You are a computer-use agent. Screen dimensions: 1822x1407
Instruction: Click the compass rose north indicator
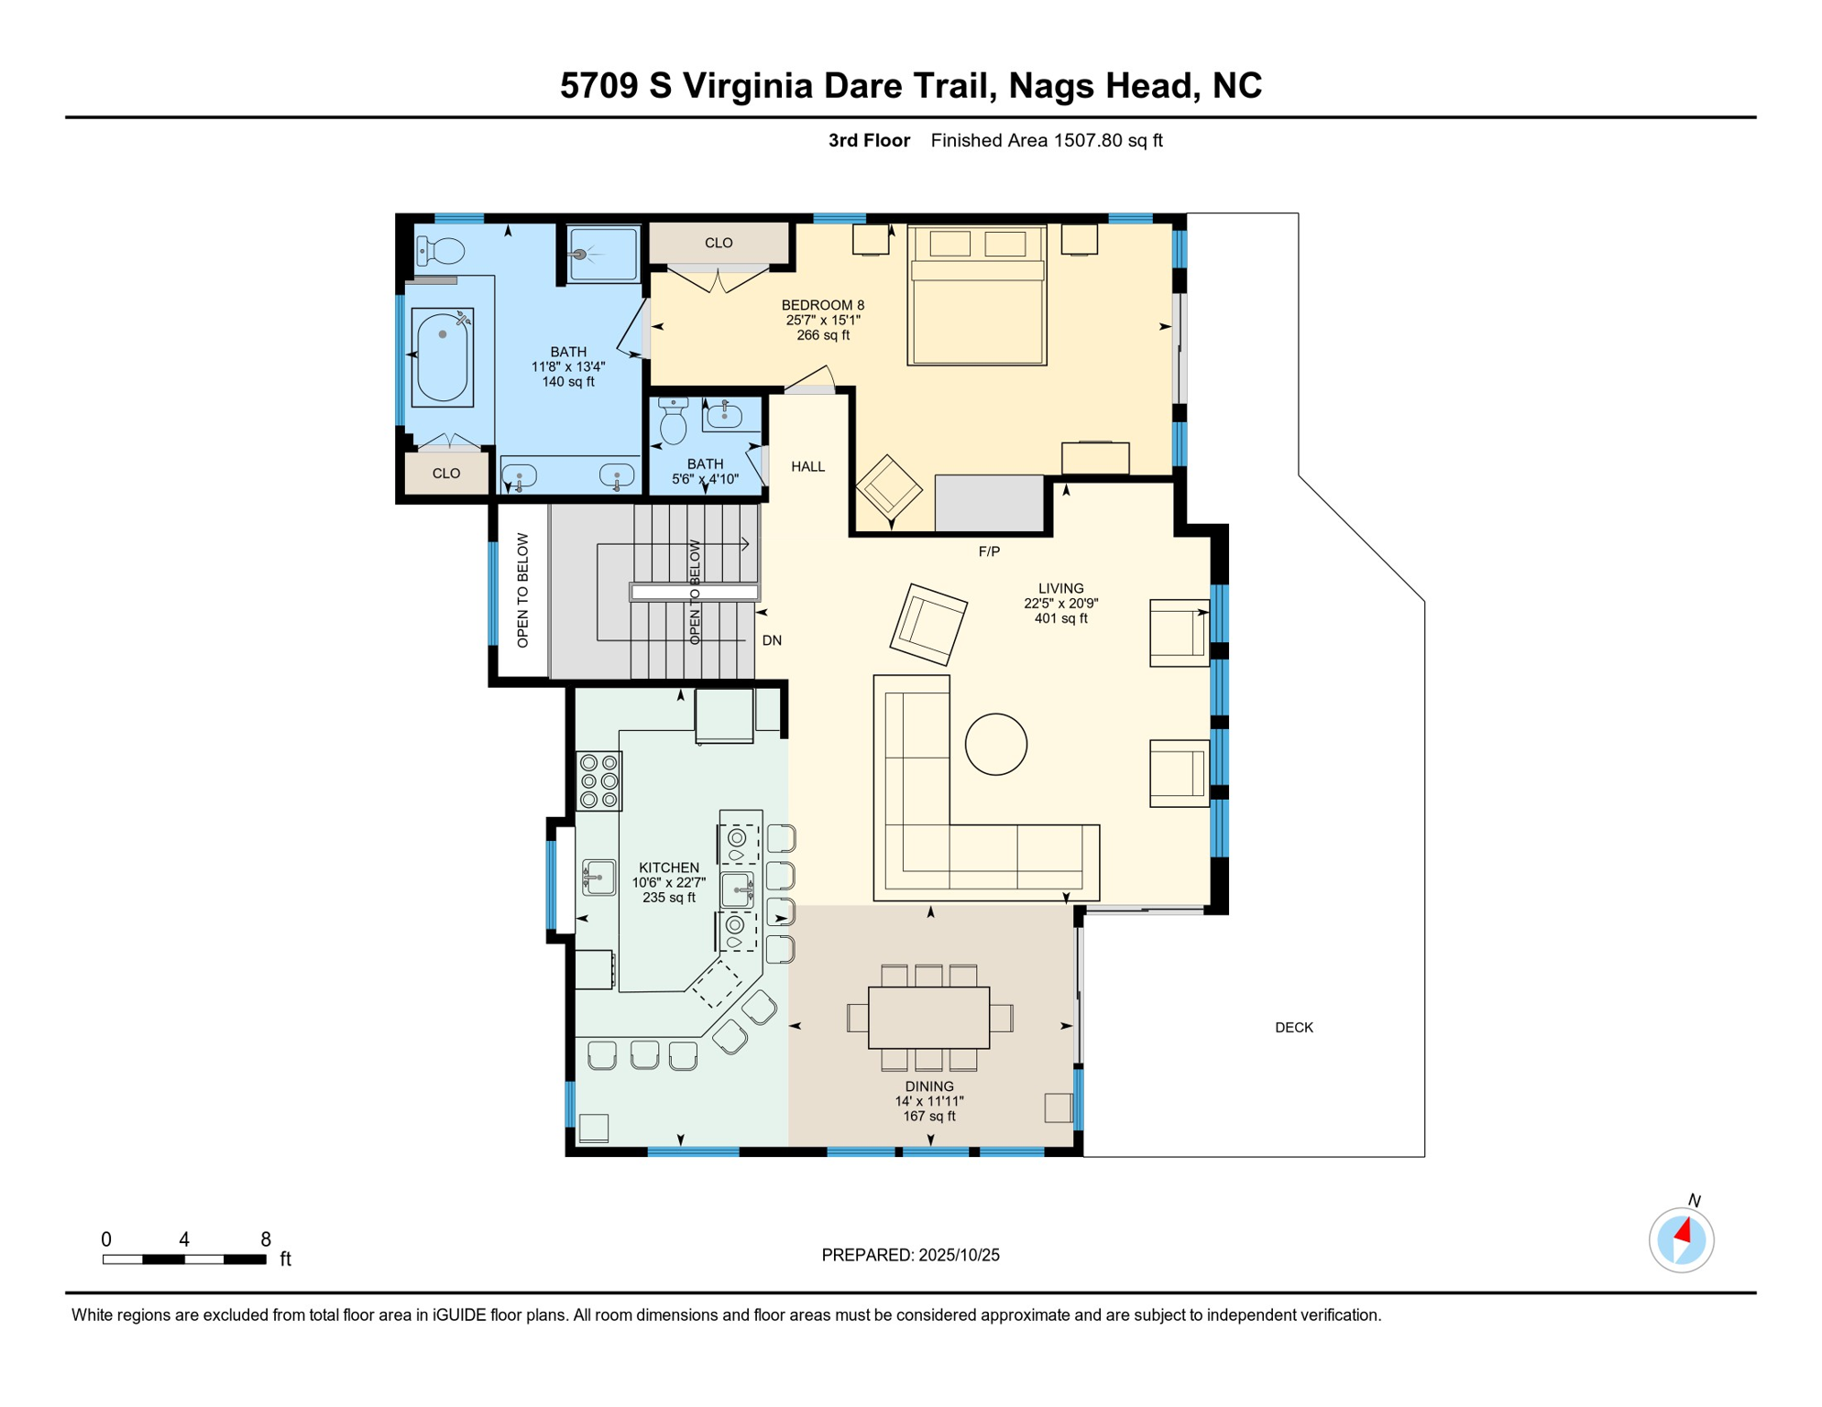1681,1239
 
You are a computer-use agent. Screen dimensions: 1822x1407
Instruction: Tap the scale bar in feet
184,1260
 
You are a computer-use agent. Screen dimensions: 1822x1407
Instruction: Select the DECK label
1294,1028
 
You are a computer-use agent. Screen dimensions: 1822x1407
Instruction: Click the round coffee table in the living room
995,744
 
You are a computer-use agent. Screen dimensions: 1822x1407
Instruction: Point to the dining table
928,1017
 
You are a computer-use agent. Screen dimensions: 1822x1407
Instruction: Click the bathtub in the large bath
443,357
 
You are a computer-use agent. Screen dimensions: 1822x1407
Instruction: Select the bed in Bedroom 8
977,295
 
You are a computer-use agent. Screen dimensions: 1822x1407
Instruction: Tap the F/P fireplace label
989,551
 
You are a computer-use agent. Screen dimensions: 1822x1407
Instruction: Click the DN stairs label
772,640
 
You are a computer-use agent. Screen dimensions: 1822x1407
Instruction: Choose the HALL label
807,466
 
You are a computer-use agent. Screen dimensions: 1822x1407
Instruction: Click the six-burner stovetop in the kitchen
599,780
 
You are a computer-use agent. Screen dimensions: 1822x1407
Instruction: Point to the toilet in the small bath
674,420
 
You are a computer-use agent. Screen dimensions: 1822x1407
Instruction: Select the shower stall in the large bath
602,254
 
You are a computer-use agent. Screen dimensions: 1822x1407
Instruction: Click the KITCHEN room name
668,867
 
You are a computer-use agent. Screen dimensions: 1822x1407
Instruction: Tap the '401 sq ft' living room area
1060,618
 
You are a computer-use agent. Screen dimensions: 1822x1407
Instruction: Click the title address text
911,85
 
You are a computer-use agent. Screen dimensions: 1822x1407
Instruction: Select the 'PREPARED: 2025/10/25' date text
910,1255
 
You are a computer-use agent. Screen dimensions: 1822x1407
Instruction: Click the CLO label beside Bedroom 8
719,243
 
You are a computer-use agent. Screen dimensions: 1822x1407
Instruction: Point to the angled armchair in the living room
928,624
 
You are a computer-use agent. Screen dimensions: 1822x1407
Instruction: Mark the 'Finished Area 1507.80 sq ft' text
1047,140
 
